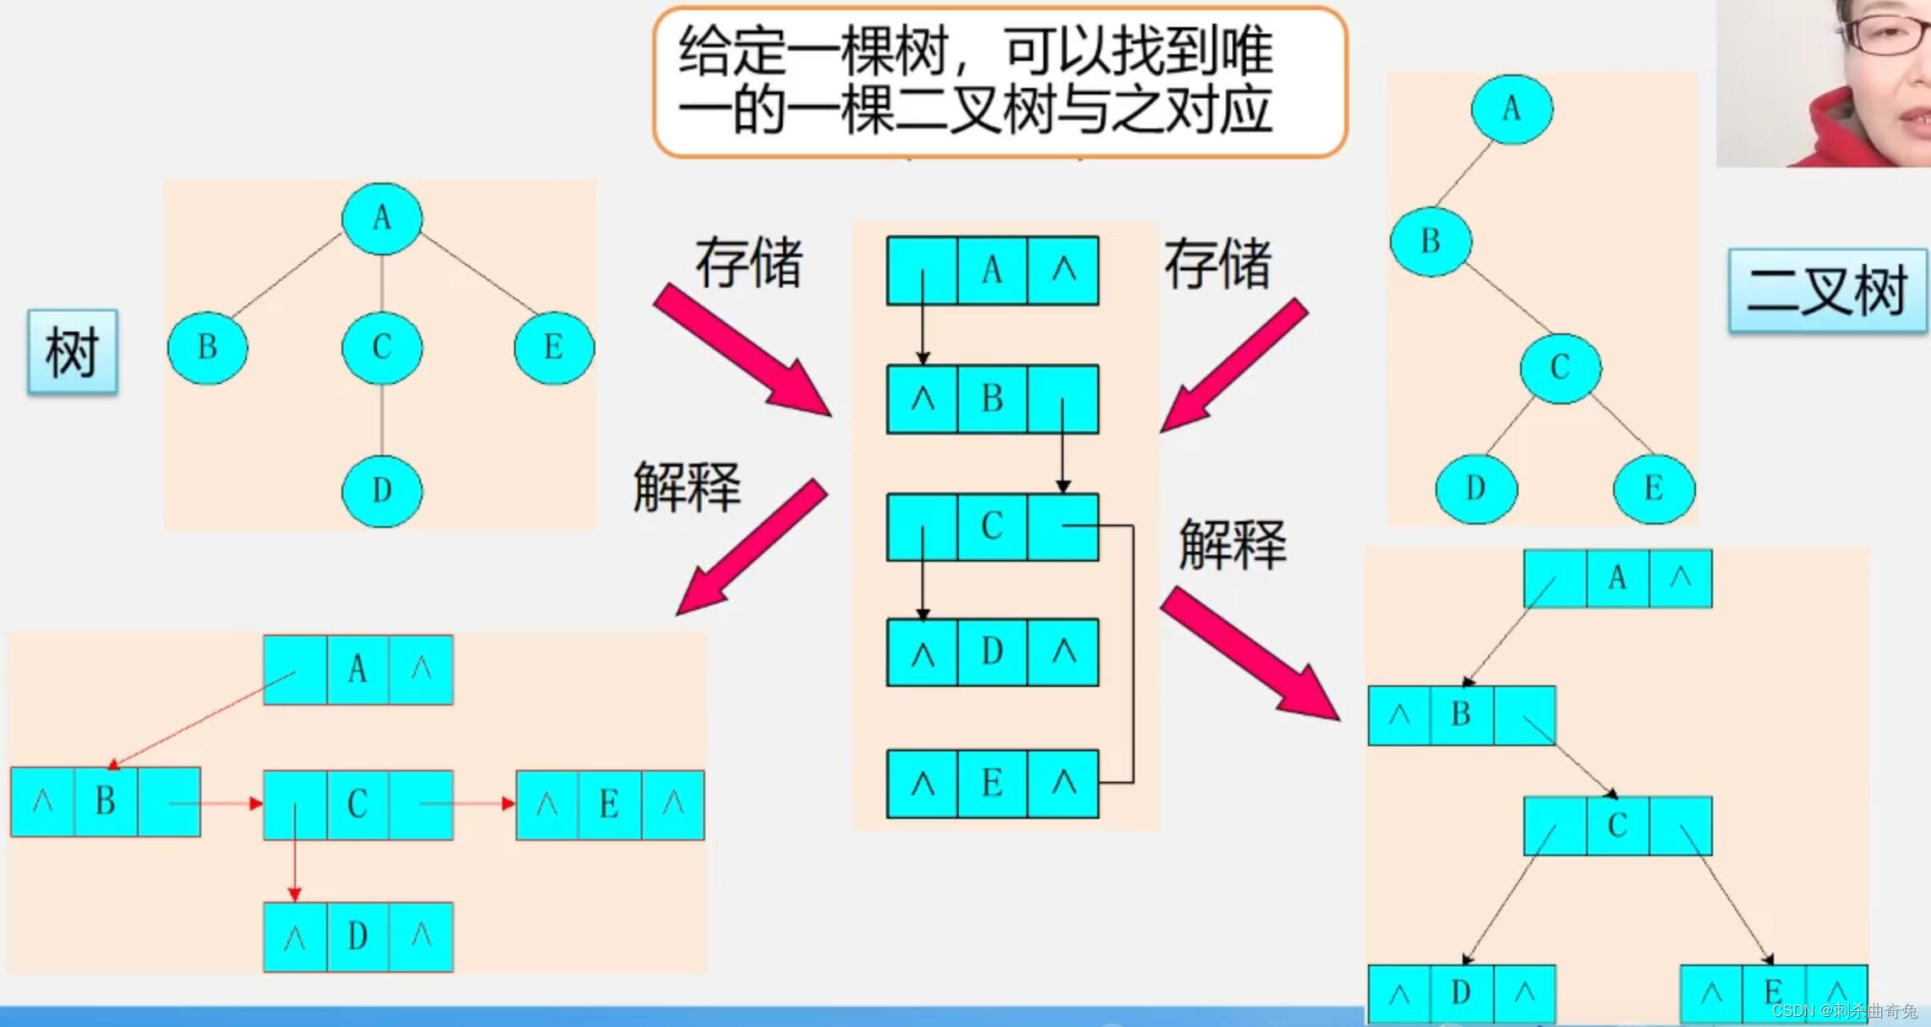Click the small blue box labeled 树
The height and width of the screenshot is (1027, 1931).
[x=72, y=351]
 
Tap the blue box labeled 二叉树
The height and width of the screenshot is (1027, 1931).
[x=1827, y=290]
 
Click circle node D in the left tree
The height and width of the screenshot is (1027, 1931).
[x=382, y=491]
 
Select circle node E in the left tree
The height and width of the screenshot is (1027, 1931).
[x=554, y=348]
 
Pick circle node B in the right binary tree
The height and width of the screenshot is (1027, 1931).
[x=1430, y=242]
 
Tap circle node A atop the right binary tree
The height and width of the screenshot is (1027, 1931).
[x=1511, y=109]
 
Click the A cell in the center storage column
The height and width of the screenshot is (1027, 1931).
[x=992, y=271]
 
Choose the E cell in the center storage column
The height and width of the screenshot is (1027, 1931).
[x=992, y=783]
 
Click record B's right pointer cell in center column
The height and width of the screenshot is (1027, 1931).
[x=1063, y=399]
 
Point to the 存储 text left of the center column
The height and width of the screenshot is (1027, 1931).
[x=748, y=263]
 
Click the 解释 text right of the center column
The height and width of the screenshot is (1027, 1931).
[x=1233, y=544]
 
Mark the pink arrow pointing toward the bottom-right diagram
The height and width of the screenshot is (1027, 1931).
[x=1249, y=654]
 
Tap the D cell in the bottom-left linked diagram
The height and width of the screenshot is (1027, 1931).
[x=358, y=936]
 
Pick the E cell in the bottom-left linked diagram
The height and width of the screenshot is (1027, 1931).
[x=609, y=805]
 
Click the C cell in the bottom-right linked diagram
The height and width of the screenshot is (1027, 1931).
[x=1616, y=826]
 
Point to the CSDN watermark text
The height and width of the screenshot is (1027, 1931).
[x=1844, y=1011]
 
